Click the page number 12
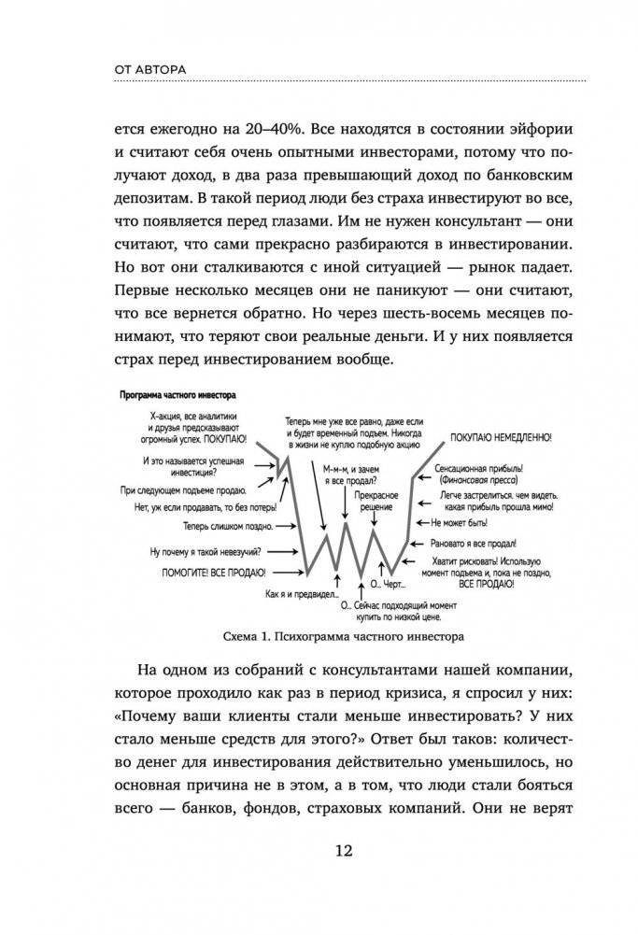pos(318,851)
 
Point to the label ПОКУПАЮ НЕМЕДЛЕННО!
pos(500,436)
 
